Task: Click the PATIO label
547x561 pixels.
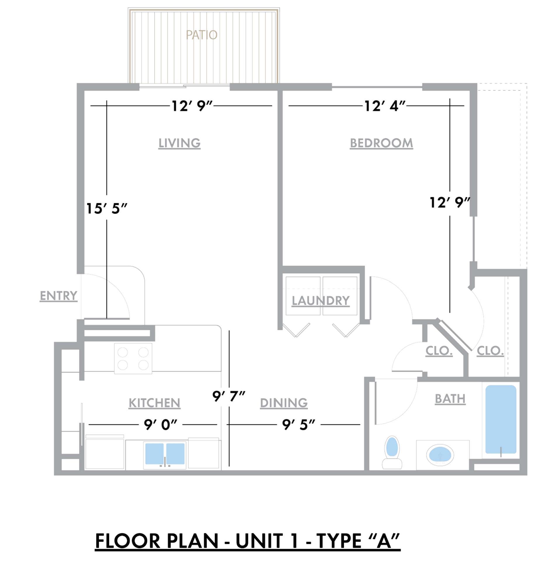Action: [202, 35]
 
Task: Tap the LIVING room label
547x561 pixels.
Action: [179, 143]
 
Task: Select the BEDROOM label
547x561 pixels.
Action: [381, 143]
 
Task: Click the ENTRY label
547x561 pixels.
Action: [58, 296]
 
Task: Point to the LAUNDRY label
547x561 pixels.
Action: [321, 301]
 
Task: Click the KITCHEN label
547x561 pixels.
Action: [154, 403]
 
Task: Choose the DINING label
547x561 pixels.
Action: [284, 403]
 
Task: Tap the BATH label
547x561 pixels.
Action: [450, 399]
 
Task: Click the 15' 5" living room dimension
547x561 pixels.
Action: [107, 209]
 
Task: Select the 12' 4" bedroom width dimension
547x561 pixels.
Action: [385, 106]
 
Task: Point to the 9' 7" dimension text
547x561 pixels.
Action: [229, 396]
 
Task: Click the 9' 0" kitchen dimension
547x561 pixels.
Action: [161, 425]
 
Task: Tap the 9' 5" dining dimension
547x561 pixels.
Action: [298, 425]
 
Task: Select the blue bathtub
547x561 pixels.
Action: [501, 419]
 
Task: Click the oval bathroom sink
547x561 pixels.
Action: [440, 455]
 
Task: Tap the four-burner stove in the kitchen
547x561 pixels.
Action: [133, 359]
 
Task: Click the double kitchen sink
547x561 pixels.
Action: [165, 454]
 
